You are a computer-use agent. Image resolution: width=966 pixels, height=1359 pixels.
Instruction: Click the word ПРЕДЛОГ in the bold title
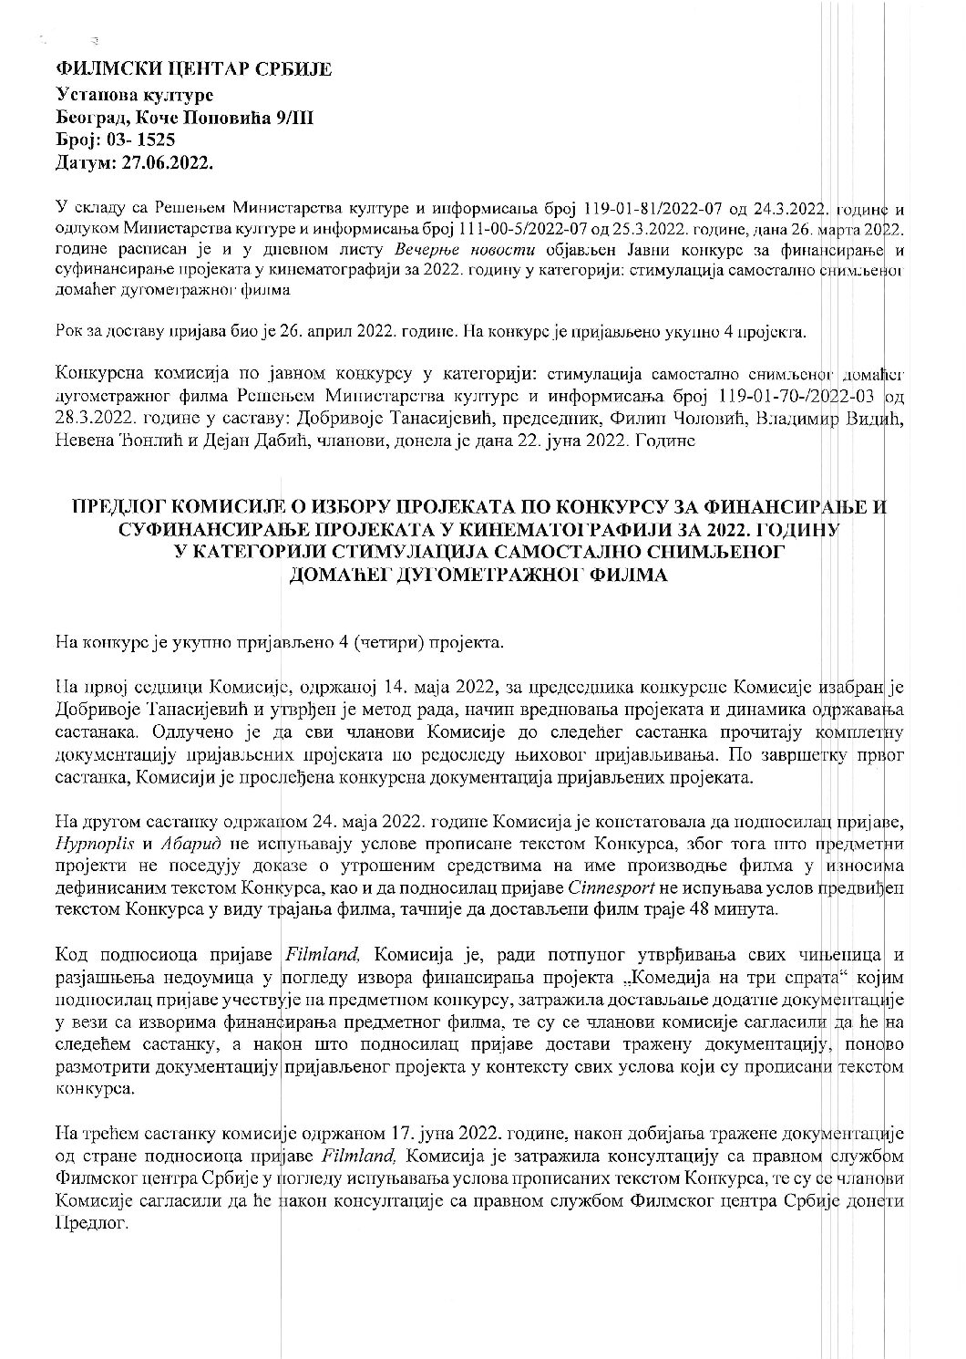coord(121,507)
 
